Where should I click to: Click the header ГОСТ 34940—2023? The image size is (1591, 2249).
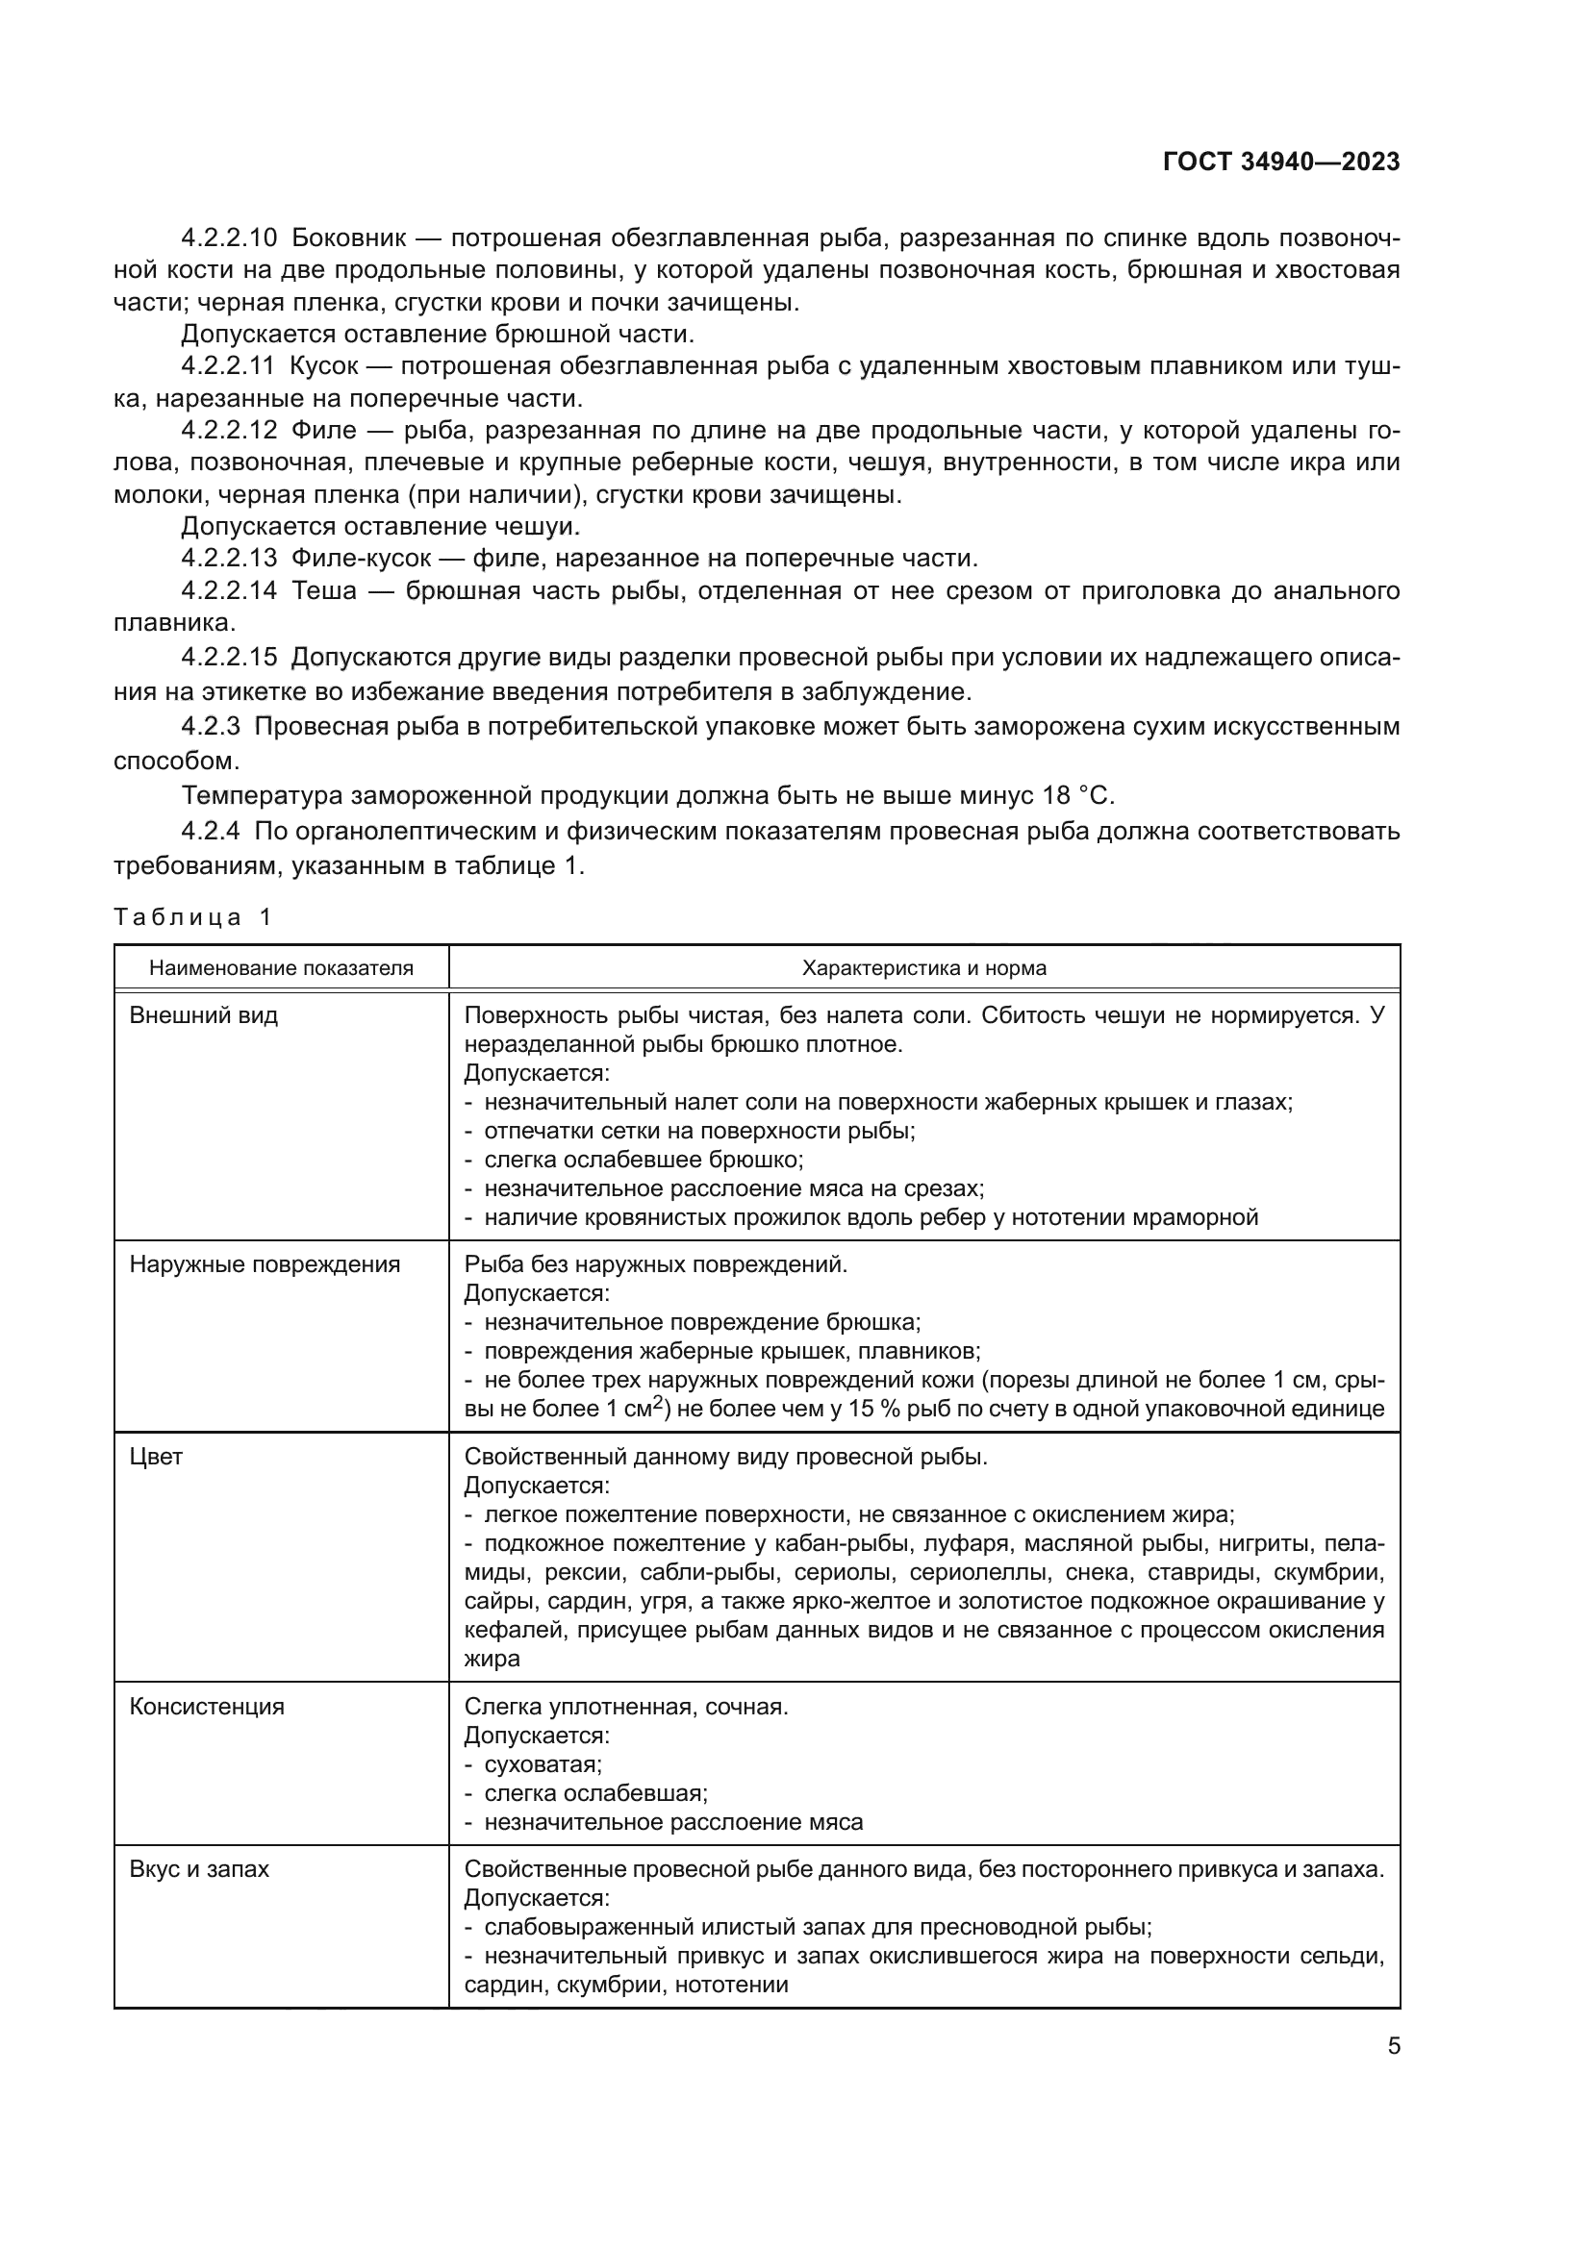[1280, 162]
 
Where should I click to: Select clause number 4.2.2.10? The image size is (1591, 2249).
[229, 238]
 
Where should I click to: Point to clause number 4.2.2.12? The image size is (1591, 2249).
[229, 430]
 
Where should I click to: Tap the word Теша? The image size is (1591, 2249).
[324, 590]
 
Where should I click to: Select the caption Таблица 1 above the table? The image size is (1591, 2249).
[192, 917]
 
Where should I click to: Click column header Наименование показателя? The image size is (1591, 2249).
[281, 968]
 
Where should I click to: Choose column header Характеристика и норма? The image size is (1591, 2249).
[923, 968]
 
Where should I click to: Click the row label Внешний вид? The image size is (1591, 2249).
[204, 1014]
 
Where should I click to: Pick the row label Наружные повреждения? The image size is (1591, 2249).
[265, 1263]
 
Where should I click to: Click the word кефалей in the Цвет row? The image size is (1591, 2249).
[515, 1629]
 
